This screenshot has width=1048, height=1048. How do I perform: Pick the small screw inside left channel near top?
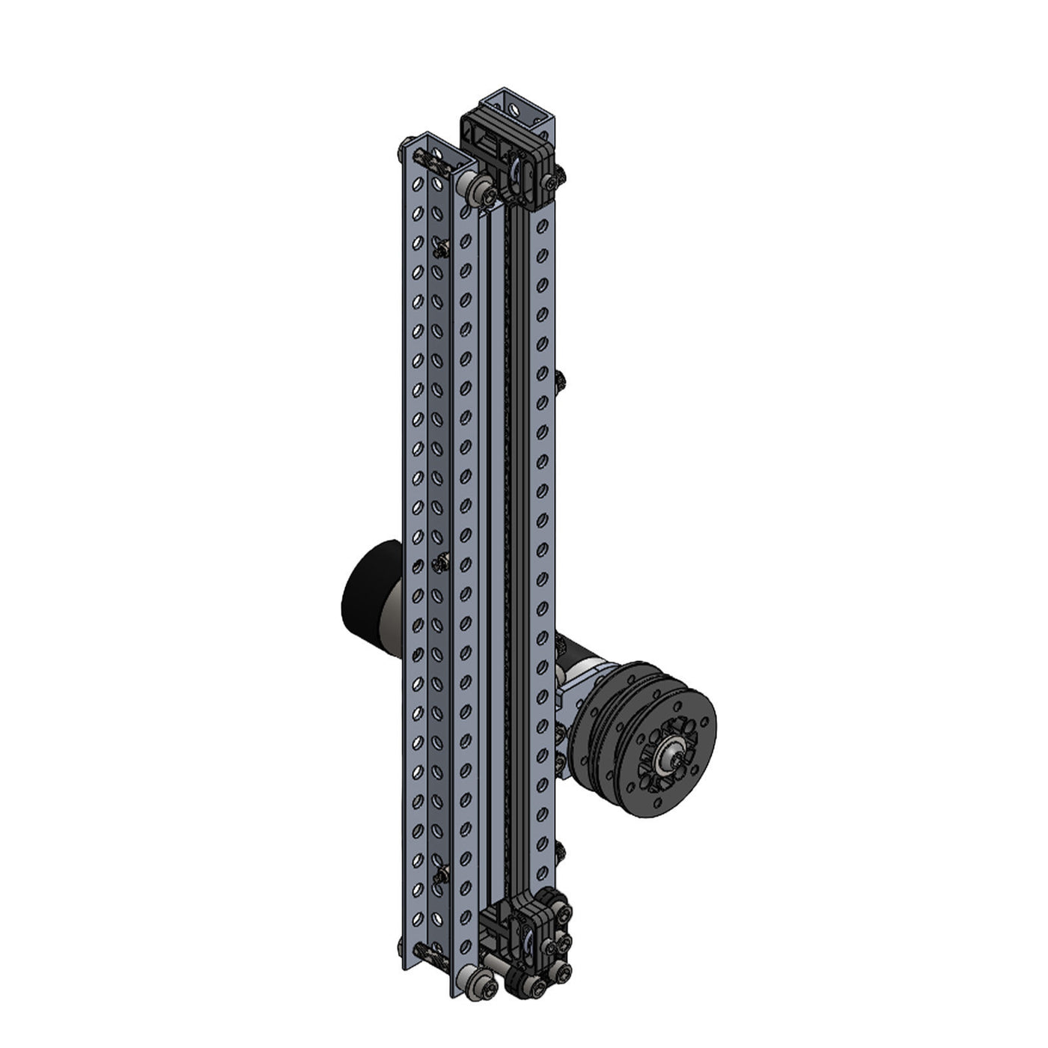[442, 246]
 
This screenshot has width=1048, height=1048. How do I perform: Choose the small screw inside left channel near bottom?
[442, 872]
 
